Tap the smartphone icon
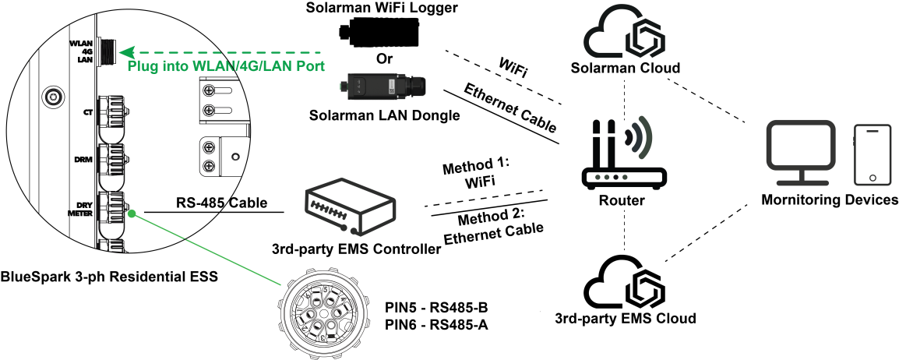872,154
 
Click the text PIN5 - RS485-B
437,307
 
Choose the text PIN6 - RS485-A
436,324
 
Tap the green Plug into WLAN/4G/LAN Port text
226,66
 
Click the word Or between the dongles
381,58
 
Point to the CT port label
88,112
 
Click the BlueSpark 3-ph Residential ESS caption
108,276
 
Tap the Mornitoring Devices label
830,200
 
